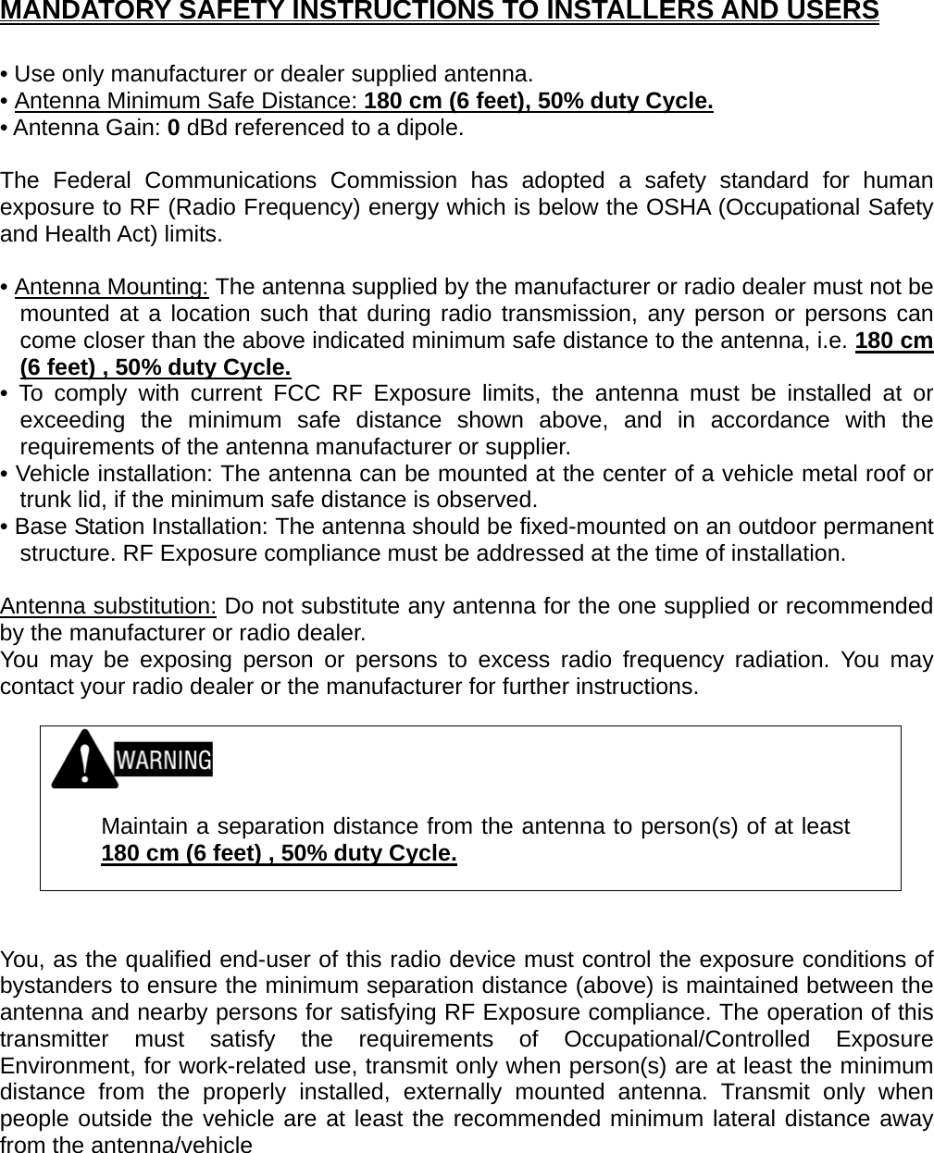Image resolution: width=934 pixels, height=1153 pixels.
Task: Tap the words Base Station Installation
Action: [139, 528]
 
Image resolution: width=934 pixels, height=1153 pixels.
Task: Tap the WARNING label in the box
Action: [163, 761]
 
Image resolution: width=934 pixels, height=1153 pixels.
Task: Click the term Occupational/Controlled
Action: [687, 1040]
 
